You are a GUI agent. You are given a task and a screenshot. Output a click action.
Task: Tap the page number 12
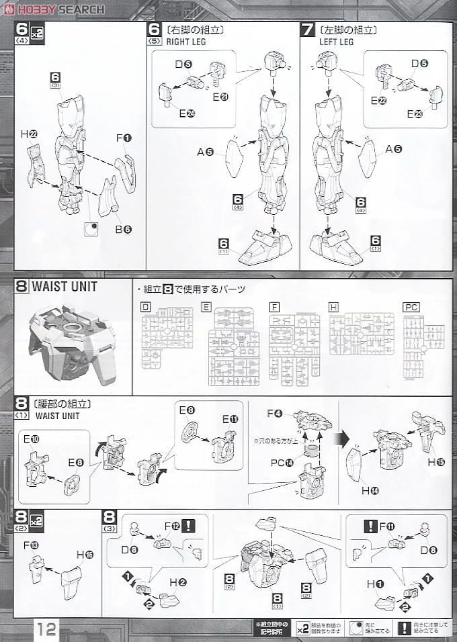[46, 629]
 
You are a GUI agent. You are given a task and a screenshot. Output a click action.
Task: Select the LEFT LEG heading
[336, 42]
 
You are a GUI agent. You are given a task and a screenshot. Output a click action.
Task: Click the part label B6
[122, 228]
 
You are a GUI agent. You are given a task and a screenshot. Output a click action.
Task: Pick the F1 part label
[124, 138]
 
